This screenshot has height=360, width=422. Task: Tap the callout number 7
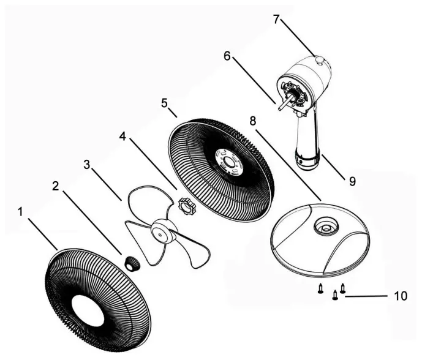coord(277,20)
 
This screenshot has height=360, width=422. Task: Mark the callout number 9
coord(352,181)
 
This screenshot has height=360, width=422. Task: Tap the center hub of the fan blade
coord(162,231)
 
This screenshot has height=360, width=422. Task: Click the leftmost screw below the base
coord(320,291)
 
